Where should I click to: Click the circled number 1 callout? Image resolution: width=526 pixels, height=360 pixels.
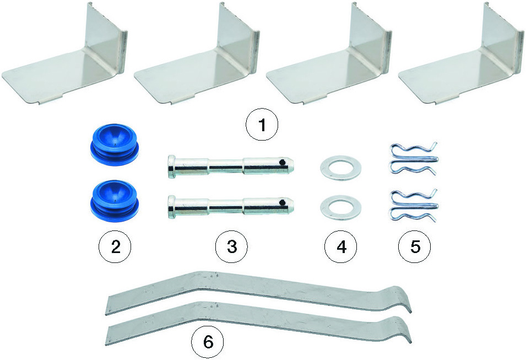(x=262, y=125)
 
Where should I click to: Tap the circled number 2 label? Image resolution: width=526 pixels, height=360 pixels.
(x=115, y=248)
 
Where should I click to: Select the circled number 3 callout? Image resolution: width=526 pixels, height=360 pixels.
(x=231, y=247)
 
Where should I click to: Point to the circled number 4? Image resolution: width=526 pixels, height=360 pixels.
(x=341, y=247)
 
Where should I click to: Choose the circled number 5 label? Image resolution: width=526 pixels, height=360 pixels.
(x=415, y=247)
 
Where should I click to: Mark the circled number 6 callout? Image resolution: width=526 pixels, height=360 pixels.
(x=208, y=342)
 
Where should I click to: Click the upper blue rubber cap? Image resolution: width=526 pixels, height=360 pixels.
(x=115, y=144)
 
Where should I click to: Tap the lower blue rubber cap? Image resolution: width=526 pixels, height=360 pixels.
(x=115, y=201)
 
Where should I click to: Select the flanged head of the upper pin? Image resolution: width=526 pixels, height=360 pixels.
(x=171, y=166)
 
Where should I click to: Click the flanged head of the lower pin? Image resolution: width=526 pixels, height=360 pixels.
(x=171, y=206)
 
